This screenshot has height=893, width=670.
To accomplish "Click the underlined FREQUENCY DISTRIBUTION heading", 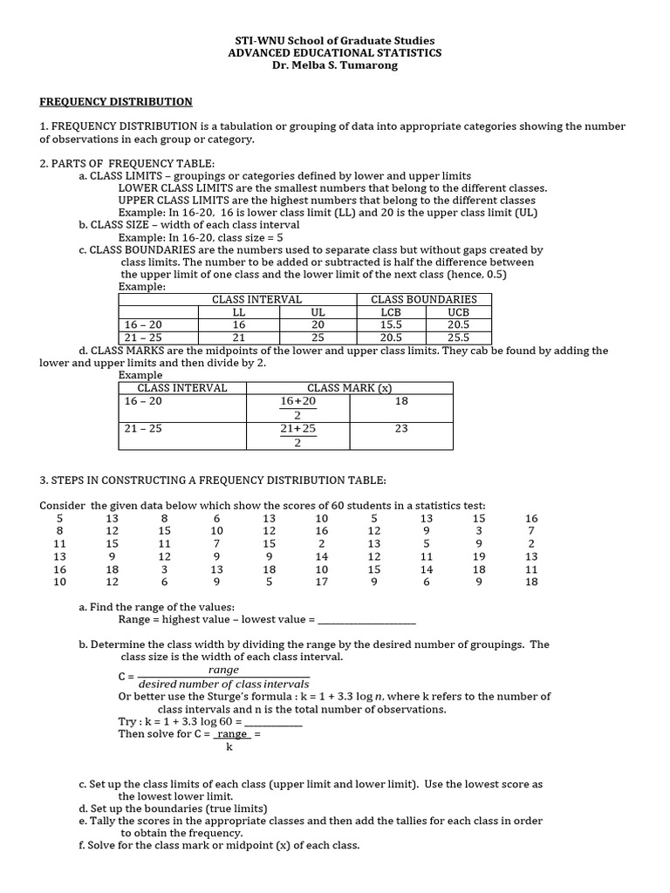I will click(116, 102).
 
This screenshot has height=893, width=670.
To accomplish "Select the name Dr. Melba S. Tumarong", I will click(335, 65).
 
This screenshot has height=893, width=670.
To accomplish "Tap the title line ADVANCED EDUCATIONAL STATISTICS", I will click(335, 53).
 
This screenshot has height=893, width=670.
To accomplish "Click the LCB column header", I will click(390, 312).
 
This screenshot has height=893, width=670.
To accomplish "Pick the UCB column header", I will click(458, 312).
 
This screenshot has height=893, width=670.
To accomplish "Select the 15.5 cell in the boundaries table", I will click(390, 324).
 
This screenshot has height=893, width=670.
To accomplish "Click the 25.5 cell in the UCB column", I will click(458, 337).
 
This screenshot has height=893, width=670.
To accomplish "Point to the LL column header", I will click(239, 312).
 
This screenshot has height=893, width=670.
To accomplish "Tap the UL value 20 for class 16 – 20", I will click(318, 324).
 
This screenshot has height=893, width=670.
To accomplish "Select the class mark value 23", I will click(401, 429).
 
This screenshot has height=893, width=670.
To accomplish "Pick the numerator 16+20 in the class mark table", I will click(297, 401).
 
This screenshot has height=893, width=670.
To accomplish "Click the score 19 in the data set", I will click(479, 556).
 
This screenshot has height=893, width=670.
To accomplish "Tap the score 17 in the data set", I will click(322, 583).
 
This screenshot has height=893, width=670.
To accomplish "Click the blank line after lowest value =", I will click(366, 620).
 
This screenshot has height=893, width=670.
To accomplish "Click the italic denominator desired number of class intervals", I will click(224, 684).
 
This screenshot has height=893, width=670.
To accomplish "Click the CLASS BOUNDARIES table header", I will click(424, 299).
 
